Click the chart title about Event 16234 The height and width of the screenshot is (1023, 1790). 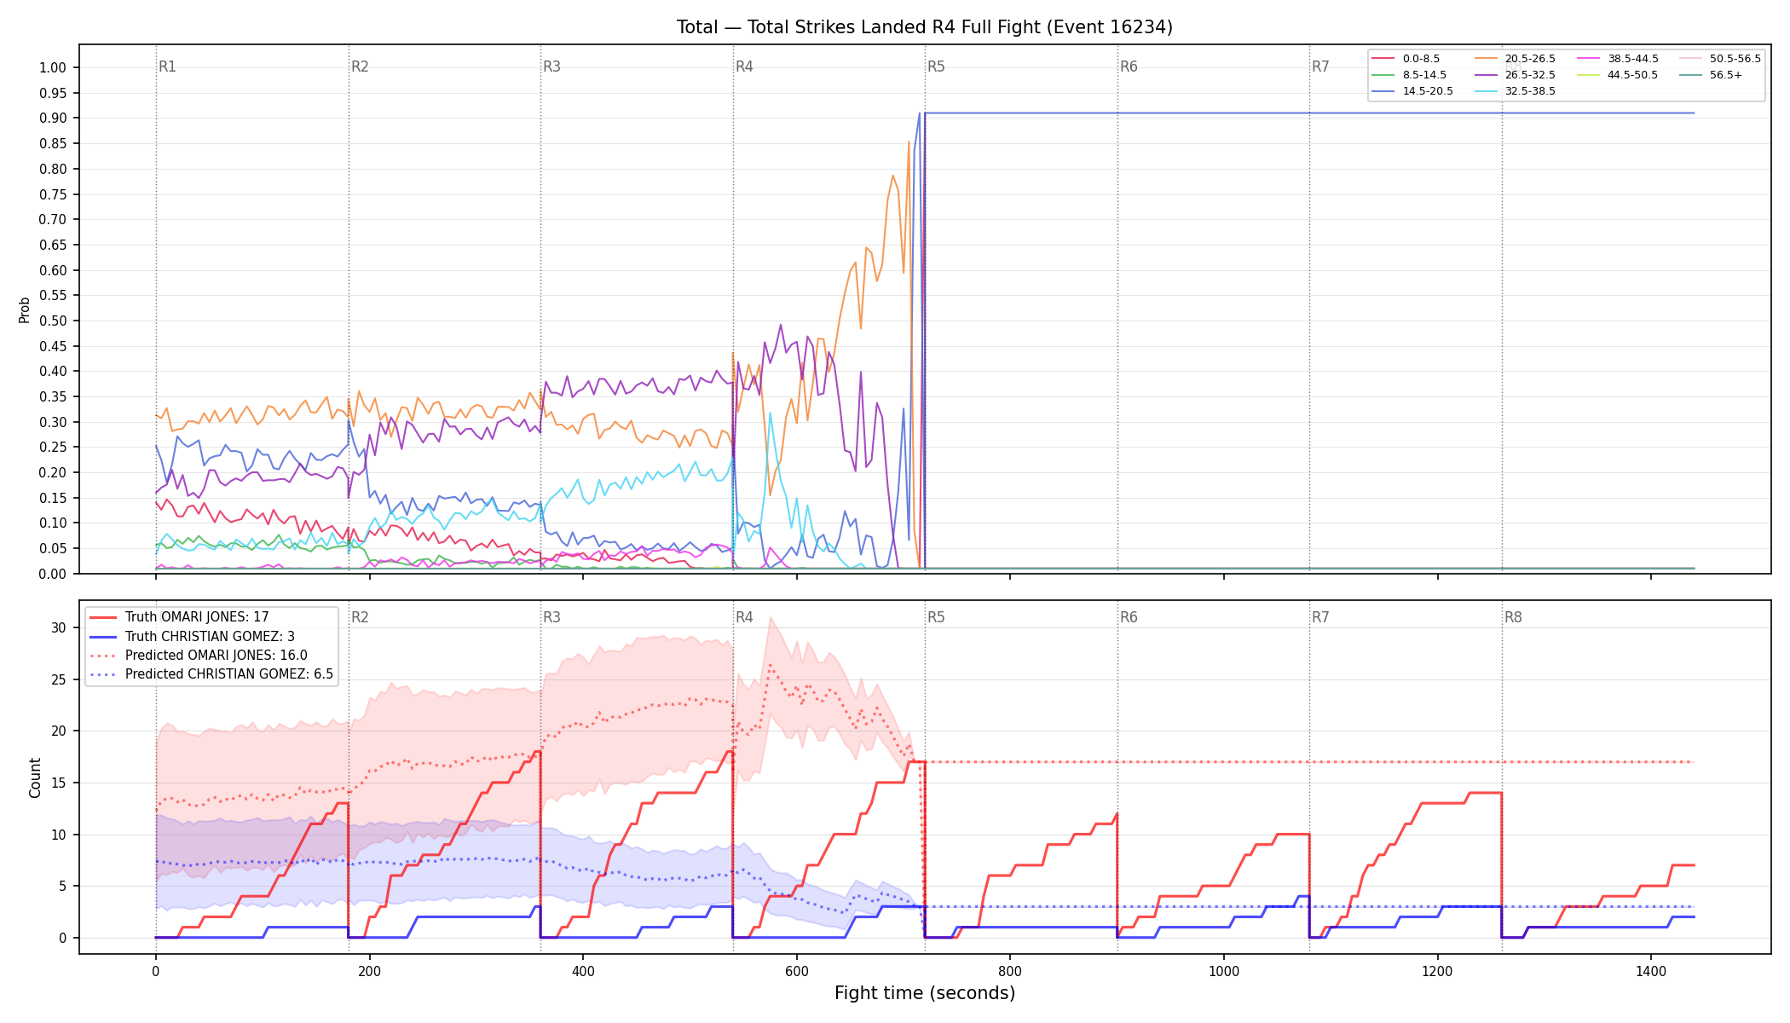pos(924,27)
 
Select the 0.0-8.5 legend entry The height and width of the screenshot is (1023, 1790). pos(1406,59)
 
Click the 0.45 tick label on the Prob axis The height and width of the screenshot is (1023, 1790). pos(53,346)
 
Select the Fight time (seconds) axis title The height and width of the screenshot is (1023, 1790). pos(925,993)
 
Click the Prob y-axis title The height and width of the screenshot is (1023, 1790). pos(25,309)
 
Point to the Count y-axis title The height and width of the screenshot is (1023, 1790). pos(35,777)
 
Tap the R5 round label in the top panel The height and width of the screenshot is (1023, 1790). pos(936,66)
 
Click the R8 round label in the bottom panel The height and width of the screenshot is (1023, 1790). pos(1513,617)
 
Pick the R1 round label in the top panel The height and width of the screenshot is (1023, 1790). pos(167,66)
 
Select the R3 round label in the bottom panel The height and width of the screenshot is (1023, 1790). pos(551,617)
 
